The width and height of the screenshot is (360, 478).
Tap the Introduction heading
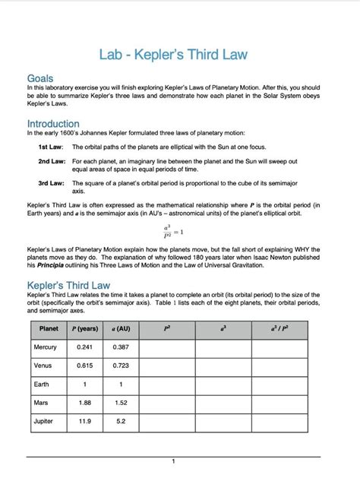coord(53,123)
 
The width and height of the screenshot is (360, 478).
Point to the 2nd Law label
coord(51,162)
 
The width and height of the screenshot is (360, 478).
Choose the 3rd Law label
coord(51,183)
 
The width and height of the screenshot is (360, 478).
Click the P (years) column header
coord(84,328)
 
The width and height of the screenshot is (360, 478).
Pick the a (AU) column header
coord(120,328)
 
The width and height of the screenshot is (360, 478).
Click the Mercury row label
coord(46,347)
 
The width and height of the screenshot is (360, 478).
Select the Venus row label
coord(43,366)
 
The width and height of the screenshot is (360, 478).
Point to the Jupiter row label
coord(44,421)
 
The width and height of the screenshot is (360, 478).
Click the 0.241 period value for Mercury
coord(84,347)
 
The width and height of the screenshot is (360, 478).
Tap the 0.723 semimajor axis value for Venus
coord(120,366)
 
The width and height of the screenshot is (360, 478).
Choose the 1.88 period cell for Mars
coord(84,403)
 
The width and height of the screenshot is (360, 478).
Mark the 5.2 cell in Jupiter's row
coord(120,421)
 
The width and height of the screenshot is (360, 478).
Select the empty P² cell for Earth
coord(166,385)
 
